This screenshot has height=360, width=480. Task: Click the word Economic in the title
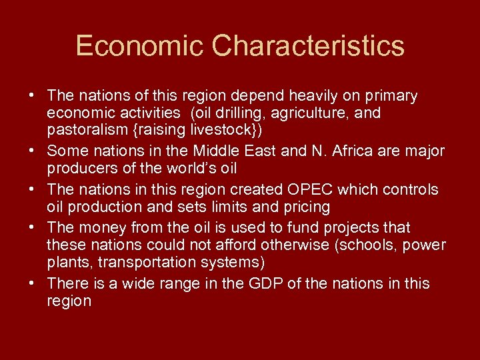139,46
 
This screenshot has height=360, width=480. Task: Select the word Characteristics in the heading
309,46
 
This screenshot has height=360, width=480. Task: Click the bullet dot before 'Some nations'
32,151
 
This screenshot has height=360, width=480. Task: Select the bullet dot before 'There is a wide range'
32,284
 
